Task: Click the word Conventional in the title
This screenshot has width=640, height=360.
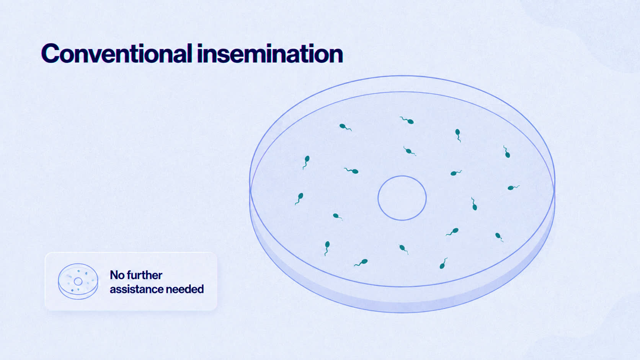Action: point(117,54)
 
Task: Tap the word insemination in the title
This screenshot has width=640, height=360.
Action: point(270,54)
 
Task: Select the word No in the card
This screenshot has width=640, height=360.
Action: point(117,275)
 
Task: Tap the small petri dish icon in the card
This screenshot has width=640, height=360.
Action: point(78,281)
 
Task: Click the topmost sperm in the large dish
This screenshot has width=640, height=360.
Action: point(407,120)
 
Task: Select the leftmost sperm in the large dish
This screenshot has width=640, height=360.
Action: point(299,199)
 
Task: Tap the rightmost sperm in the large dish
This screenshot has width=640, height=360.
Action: point(513,187)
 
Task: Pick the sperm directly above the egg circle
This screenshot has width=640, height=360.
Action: point(410,151)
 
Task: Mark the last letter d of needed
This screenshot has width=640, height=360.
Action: point(200,289)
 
